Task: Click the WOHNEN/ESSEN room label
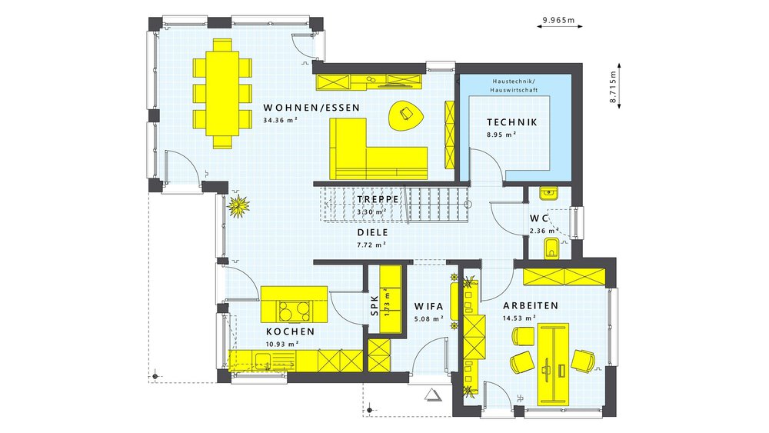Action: [311, 108]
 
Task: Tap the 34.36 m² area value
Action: [281, 121]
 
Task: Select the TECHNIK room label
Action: [511, 122]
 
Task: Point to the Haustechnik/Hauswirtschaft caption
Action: [514, 86]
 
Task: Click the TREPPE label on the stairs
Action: [378, 199]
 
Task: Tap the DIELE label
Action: [372, 231]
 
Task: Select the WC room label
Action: [539, 218]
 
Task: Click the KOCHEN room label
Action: [290, 331]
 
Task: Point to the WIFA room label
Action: [428, 305]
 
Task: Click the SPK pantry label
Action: [375, 304]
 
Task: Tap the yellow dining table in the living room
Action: [223, 92]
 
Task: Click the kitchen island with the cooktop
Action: [294, 305]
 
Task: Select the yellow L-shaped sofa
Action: [369, 154]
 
